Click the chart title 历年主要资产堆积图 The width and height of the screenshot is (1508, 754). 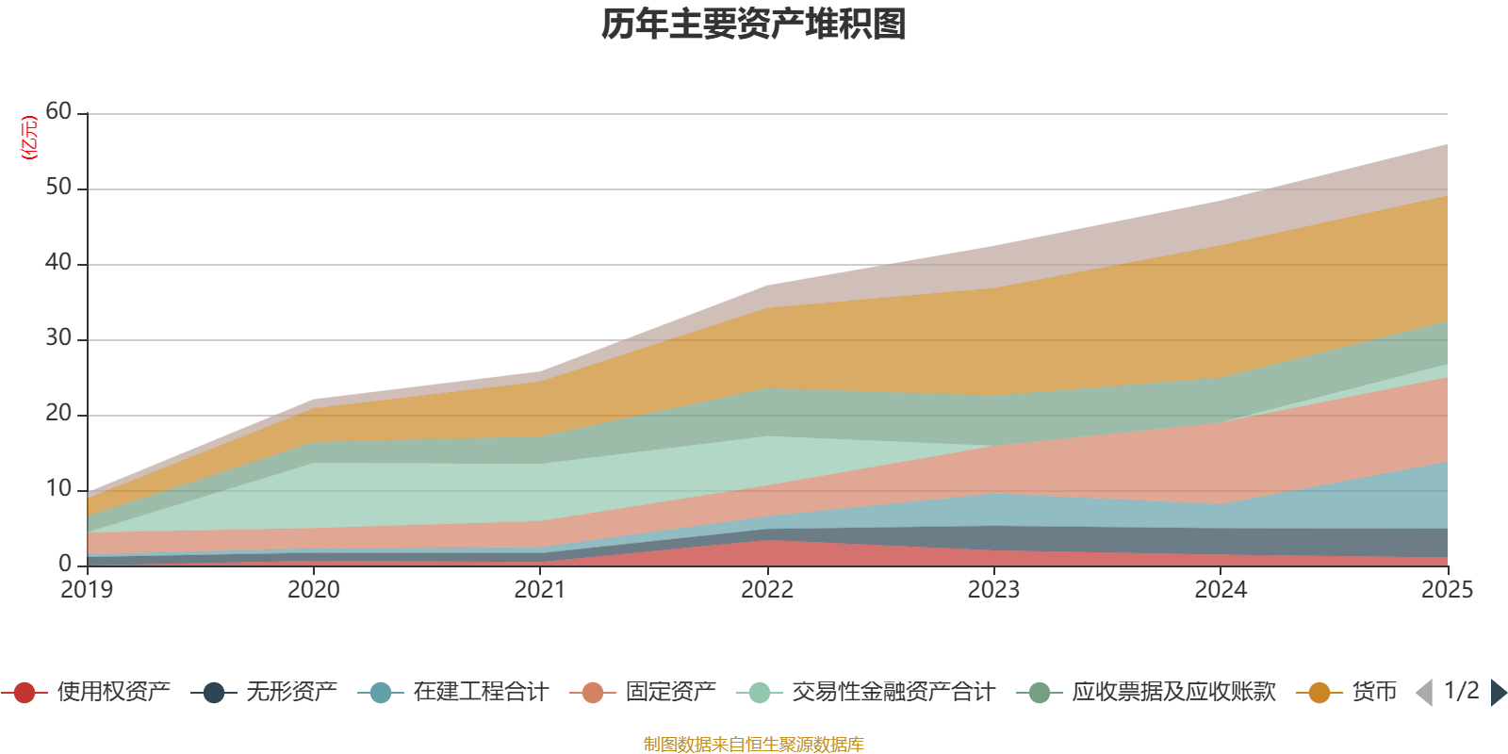(x=754, y=25)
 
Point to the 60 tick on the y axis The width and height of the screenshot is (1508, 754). (x=58, y=112)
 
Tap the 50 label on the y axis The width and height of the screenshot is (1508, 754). (x=58, y=188)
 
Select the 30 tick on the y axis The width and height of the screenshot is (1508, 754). (x=58, y=338)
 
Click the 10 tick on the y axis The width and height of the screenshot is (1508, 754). (x=58, y=489)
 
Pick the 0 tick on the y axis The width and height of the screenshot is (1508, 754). (x=65, y=564)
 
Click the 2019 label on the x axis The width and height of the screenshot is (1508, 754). (x=87, y=590)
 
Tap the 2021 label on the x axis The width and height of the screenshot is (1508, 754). (x=540, y=590)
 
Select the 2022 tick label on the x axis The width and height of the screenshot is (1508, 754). (x=767, y=590)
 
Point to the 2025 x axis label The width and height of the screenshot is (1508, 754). (x=1447, y=590)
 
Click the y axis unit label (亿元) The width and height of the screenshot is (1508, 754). (x=29, y=138)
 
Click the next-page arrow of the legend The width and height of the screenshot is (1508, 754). (x=1498, y=693)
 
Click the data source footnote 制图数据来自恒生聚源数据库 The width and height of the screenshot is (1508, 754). (x=754, y=745)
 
